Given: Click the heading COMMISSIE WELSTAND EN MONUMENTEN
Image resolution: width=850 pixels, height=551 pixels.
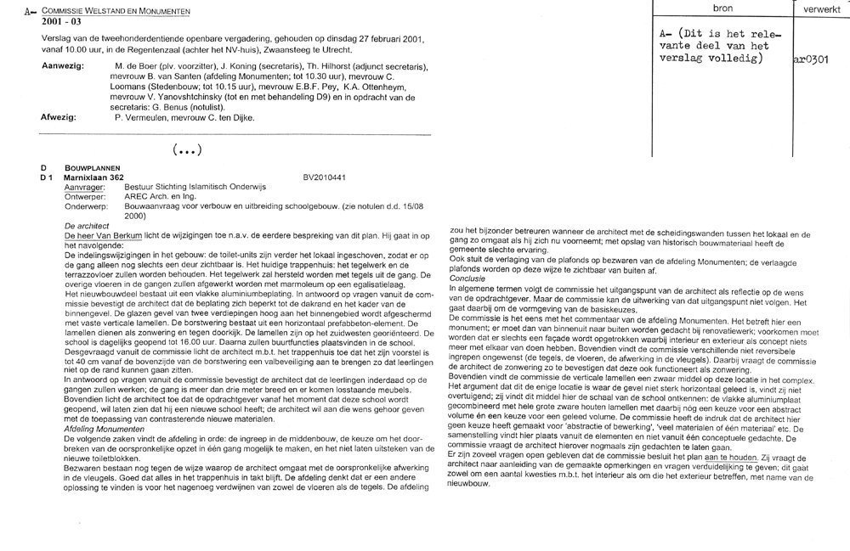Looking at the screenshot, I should click(x=117, y=9).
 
